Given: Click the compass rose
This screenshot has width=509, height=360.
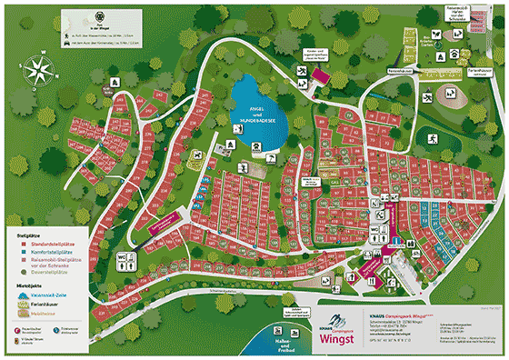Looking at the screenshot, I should pos(41,71).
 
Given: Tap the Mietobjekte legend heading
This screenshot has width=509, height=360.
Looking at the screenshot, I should pos(32,286).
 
